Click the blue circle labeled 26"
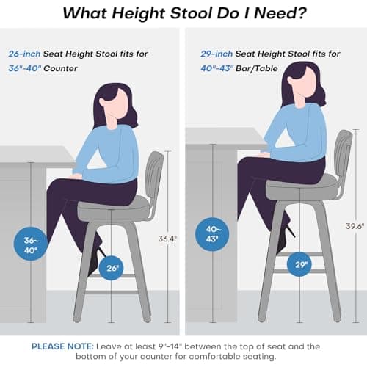point(112,268)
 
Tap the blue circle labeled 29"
point(299,264)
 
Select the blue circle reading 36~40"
point(30,244)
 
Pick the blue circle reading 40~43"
point(212,234)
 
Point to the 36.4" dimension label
point(167,239)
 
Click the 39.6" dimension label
point(355,226)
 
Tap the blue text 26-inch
point(24,54)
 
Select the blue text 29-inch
point(217,54)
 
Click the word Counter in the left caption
point(60,68)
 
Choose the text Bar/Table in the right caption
point(257,68)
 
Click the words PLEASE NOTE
point(62,346)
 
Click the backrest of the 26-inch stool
point(154,175)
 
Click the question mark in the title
point(299,13)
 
